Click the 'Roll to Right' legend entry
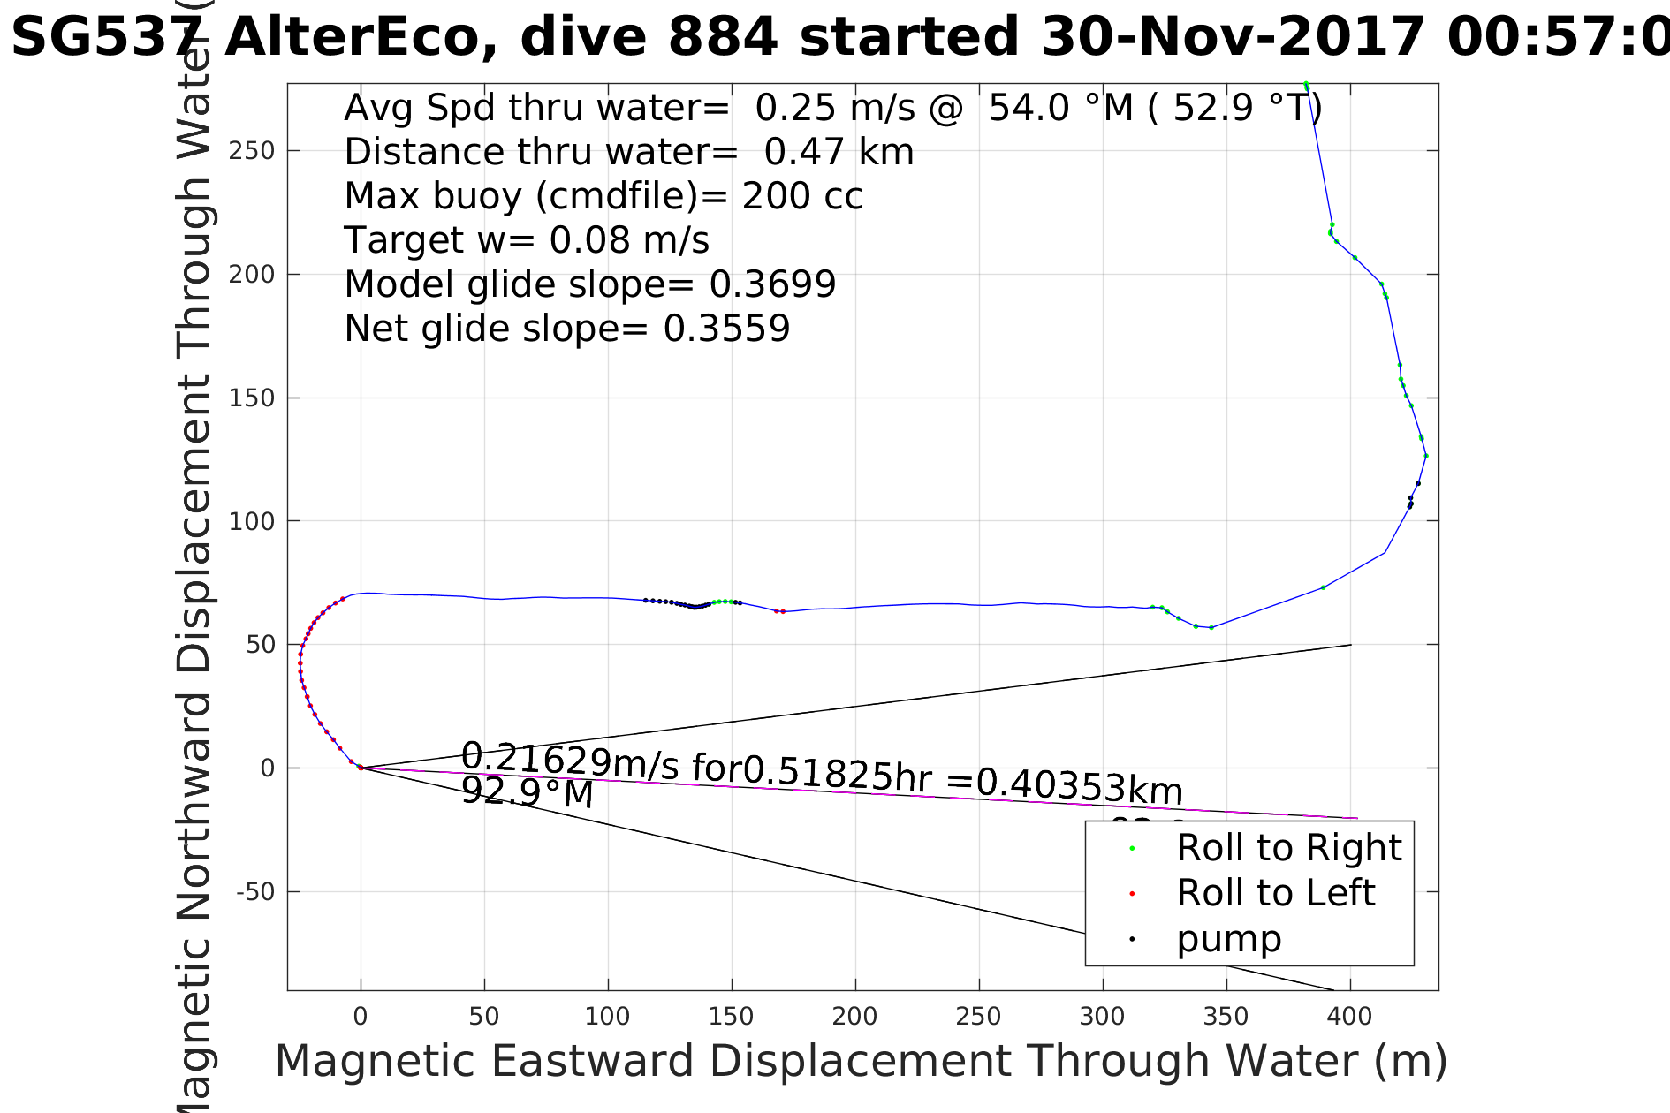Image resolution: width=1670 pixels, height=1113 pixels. tap(1288, 848)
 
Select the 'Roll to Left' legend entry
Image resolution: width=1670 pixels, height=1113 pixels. tap(1275, 893)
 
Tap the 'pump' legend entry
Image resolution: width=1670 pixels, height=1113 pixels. tap(1228, 939)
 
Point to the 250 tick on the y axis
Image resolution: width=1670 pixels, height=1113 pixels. tap(252, 151)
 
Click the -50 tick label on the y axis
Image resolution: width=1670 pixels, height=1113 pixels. tap(255, 892)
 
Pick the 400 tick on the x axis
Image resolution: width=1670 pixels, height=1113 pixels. tap(1349, 1017)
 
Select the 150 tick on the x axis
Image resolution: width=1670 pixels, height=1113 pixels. tap(731, 1017)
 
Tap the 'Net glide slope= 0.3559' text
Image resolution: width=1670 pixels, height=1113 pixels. tap(566, 329)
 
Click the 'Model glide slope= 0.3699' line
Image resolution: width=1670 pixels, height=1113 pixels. tap(589, 284)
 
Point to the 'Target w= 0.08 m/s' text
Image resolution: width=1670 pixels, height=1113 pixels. tap(526, 240)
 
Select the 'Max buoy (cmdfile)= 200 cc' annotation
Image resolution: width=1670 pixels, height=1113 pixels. tap(603, 196)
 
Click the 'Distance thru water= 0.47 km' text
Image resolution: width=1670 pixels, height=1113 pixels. tap(628, 152)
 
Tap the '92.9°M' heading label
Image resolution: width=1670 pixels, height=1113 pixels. tap(528, 792)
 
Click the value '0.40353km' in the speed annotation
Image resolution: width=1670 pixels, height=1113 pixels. tap(1079, 785)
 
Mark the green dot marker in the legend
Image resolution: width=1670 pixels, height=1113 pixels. tap(1132, 849)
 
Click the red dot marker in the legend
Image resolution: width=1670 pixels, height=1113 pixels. tap(1132, 894)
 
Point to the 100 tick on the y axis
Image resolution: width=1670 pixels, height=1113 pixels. tap(252, 521)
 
